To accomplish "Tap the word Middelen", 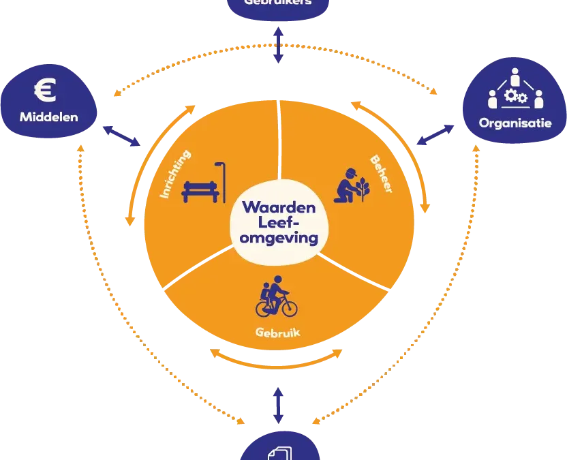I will pyautogui.click(x=48, y=117).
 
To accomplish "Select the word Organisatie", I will pyautogui.click(x=515, y=123).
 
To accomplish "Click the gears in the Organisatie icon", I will pyautogui.click(x=515, y=97).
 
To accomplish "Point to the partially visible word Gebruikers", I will pyautogui.click(x=277, y=3).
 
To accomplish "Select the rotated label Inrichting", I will pyautogui.click(x=175, y=174).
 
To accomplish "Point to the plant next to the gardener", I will pyautogui.click(x=363, y=188).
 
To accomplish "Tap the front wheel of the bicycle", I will pyautogui.click(x=289, y=307).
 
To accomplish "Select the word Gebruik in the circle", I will pyautogui.click(x=277, y=335).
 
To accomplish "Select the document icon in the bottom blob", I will pyautogui.click(x=281, y=453).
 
